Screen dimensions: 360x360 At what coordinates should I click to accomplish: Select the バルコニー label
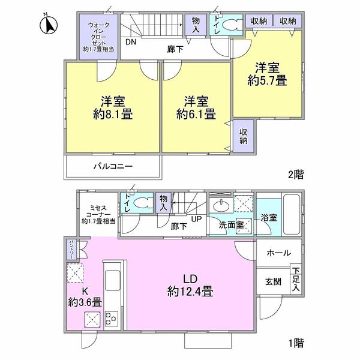(113, 166)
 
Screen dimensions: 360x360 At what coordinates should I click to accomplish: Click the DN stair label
(130, 43)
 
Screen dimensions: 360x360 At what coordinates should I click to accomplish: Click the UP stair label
(196, 220)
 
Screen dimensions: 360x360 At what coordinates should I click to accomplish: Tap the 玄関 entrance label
(274, 281)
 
